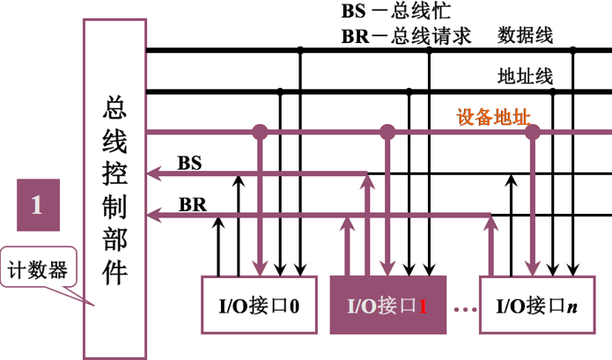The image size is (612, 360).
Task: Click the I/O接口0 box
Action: click(x=259, y=305)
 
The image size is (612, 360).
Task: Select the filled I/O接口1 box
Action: click(x=387, y=305)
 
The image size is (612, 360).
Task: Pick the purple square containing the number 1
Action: click(x=38, y=207)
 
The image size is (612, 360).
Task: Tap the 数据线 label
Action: click(x=525, y=36)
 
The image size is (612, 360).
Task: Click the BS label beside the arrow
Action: click(x=189, y=163)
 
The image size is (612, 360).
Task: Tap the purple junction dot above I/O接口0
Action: click(x=260, y=132)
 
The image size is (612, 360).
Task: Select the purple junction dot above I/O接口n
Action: click(x=532, y=132)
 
